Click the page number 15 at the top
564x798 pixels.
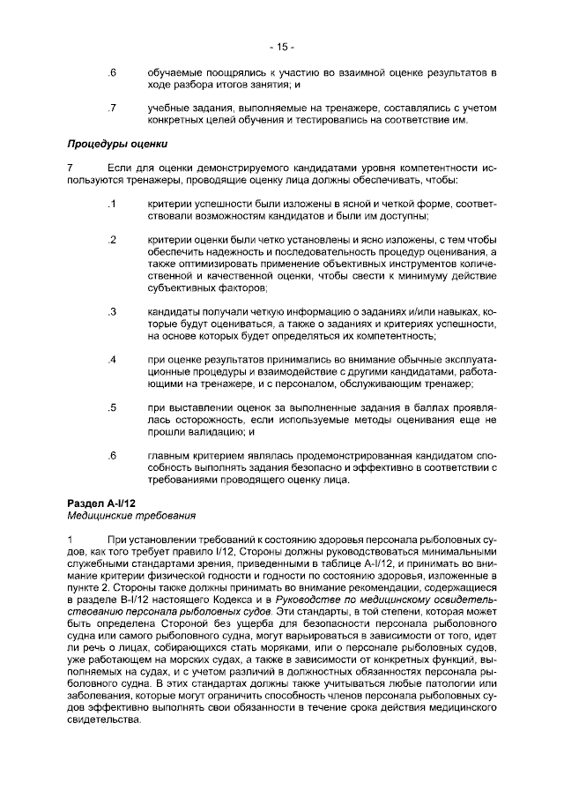point(281,47)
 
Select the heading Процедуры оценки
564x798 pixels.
point(118,144)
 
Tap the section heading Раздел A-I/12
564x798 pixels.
point(100,502)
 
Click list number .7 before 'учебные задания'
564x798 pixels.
point(111,108)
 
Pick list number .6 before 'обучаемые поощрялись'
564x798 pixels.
point(111,71)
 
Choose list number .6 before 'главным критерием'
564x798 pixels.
point(111,456)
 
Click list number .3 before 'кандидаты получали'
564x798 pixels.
point(111,311)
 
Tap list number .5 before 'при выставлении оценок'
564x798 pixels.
point(111,407)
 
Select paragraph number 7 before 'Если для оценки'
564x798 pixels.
point(70,168)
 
